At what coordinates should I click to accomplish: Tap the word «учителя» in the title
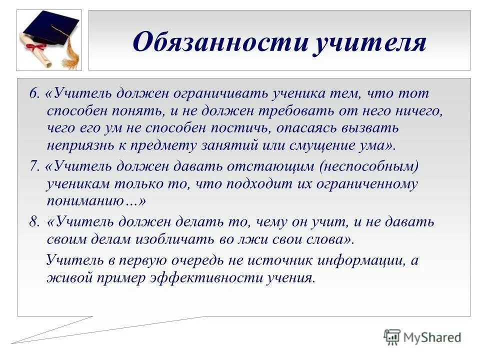(370, 42)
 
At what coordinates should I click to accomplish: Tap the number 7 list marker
(33, 165)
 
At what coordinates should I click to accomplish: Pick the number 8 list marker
(33, 222)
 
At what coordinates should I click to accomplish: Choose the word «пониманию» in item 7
(92, 201)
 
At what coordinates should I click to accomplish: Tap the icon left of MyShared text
(392, 337)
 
